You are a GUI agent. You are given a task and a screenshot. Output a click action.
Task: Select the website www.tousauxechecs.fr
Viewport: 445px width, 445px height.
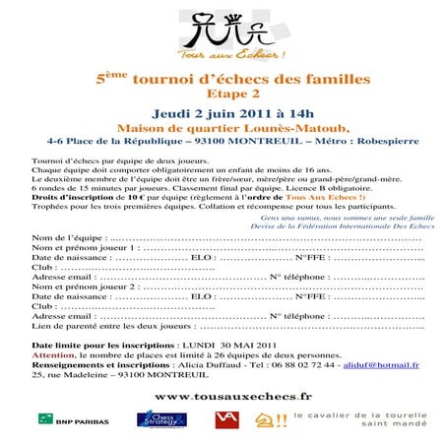pyautogui.click(x=221, y=395)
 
